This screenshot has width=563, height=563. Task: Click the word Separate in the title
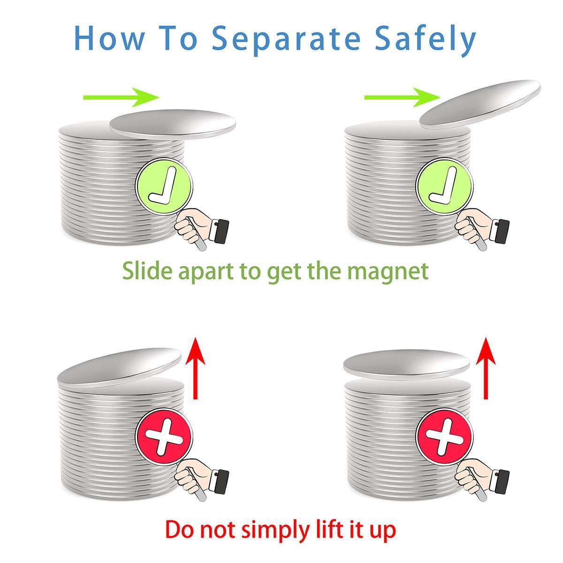click(x=286, y=39)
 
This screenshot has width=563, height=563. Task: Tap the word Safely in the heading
click(x=426, y=40)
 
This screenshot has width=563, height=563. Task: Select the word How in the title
click(x=109, y=38)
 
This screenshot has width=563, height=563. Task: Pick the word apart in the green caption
click(x=205, y=272)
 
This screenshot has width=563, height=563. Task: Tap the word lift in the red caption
click(x=327, y=528)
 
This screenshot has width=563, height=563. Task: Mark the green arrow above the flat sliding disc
click(x=121, y=97)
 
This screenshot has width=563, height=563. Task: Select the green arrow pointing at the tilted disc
click(x=402, y=97)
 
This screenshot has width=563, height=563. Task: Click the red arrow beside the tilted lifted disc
click(x=195, y=368)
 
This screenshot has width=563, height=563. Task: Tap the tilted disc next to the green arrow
click(x=480, y=104)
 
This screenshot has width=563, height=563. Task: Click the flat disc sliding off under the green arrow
click(x=173, y=124)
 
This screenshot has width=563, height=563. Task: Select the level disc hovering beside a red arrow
click(x=406, y=363)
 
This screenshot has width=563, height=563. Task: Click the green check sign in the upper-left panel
click(x=164, y=187)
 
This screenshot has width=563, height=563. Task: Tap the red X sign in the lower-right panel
click(x=444, y=437)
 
